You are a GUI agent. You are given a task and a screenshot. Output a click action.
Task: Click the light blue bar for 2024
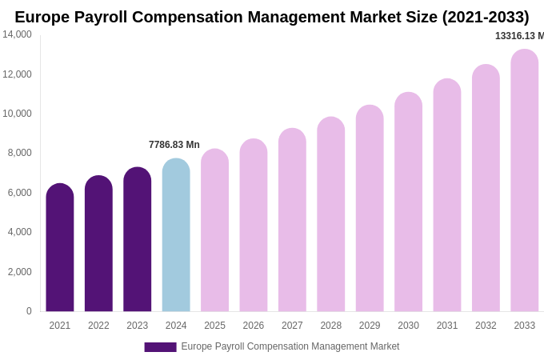coord(176,235)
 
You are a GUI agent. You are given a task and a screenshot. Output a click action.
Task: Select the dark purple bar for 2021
coord(60,248)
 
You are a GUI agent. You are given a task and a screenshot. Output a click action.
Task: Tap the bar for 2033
coord(524,181)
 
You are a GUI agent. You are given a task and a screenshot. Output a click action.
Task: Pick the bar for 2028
coord(330,214)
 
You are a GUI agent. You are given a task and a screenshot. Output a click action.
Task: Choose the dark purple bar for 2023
coord(138,239)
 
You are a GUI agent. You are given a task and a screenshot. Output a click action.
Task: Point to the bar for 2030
coord(408,202)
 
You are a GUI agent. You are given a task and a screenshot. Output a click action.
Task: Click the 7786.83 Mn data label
coord(174,145)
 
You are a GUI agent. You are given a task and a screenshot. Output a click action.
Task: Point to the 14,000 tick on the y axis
coord(17,34)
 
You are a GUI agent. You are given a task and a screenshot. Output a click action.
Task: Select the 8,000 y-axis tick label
coord(20,153)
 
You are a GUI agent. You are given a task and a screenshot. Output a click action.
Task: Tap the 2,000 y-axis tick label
coord(20,272)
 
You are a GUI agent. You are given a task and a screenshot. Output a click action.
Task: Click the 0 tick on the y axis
coord(29,311)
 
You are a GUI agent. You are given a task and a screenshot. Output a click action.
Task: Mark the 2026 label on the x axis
coord(254,326)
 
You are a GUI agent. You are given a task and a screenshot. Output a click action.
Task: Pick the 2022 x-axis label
coord(98,326)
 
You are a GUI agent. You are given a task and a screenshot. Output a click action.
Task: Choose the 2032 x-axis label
coord(486,326)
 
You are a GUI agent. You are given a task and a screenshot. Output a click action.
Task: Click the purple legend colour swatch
coord(160,347)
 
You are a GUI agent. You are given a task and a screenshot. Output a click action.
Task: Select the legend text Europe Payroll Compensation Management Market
coord(290,346)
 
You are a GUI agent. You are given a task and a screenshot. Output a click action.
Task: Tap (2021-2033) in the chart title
coord(485,17)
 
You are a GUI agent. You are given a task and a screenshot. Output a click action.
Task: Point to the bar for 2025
coord(214,230)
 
